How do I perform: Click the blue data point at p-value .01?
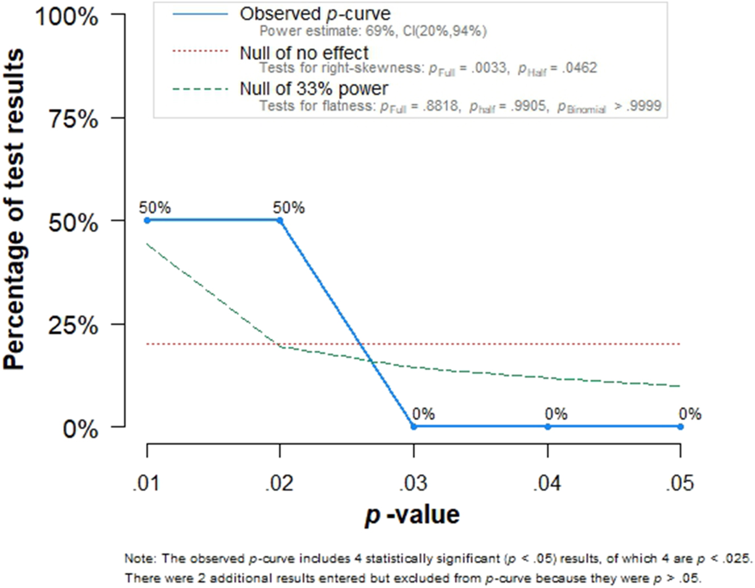pyautogui.click(x=147, y=220)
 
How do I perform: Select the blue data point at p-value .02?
pyautogui.click(x=280, y=220)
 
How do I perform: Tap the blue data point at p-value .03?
pyautogui.click(x=414, y=426)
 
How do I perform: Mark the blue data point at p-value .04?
pyautogui.click(x=547, y=426)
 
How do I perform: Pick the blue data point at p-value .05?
pyautogui.click(x=680, y=426)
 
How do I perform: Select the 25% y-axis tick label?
pyautogui.click(x=73, y=326)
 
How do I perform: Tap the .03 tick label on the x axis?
pyautogui.click(x=414, y=483)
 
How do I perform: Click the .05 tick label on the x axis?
pyautogui.click(x=680, y=483)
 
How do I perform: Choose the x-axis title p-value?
pyautogui.click(x=412, y=515)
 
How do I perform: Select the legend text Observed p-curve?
pyautogui.click(x=315, y=14)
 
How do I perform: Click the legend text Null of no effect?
pyautogui.click(x=304, y=53)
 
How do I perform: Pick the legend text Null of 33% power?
pyautogui.click(x=313, y=89)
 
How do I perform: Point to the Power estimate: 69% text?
pyautogui.click(x=327, y=31)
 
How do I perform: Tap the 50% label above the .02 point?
pyautogui.click(x=288, y=208)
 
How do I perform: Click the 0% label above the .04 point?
pyautogui.click(x=556, y=414)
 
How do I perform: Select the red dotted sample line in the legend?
pyautogui.click(x=200, y=51)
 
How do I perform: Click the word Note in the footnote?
pyautogui.click(x=139, y=558)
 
